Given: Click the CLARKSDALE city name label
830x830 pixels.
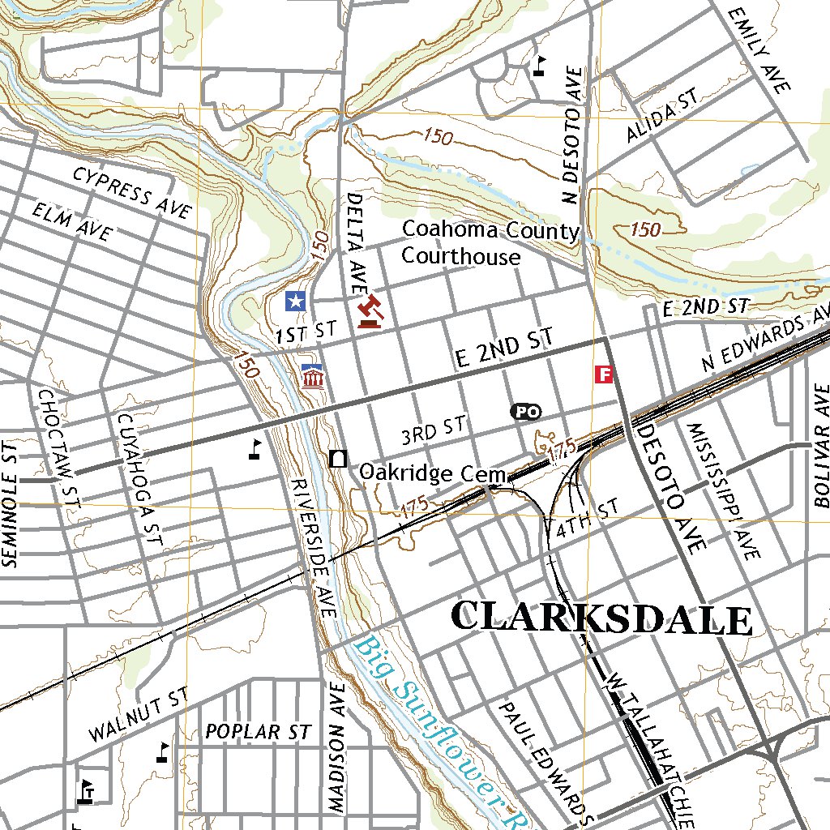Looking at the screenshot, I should [601, 618].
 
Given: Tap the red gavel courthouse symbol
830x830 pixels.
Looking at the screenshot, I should [370, 311].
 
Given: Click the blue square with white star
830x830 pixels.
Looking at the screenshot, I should [296, 302].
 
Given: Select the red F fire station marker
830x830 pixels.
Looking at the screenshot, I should [603, 374].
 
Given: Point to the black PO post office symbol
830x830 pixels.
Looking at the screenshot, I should [525, 412].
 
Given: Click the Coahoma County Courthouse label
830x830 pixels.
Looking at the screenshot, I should [490, 243].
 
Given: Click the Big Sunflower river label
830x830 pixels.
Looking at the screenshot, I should [438, 729].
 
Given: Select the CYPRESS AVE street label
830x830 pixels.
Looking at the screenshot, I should [131, 192].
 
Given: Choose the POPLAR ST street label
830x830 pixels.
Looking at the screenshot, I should [258, 732].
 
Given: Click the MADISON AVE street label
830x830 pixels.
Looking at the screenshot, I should [337, 746].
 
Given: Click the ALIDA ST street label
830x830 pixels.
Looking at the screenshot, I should [661, 116].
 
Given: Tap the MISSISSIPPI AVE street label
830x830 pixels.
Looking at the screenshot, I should [723, 491].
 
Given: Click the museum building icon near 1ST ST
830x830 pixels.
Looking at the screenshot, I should [313, 376].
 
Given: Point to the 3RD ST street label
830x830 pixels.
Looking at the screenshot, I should [434, 431].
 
